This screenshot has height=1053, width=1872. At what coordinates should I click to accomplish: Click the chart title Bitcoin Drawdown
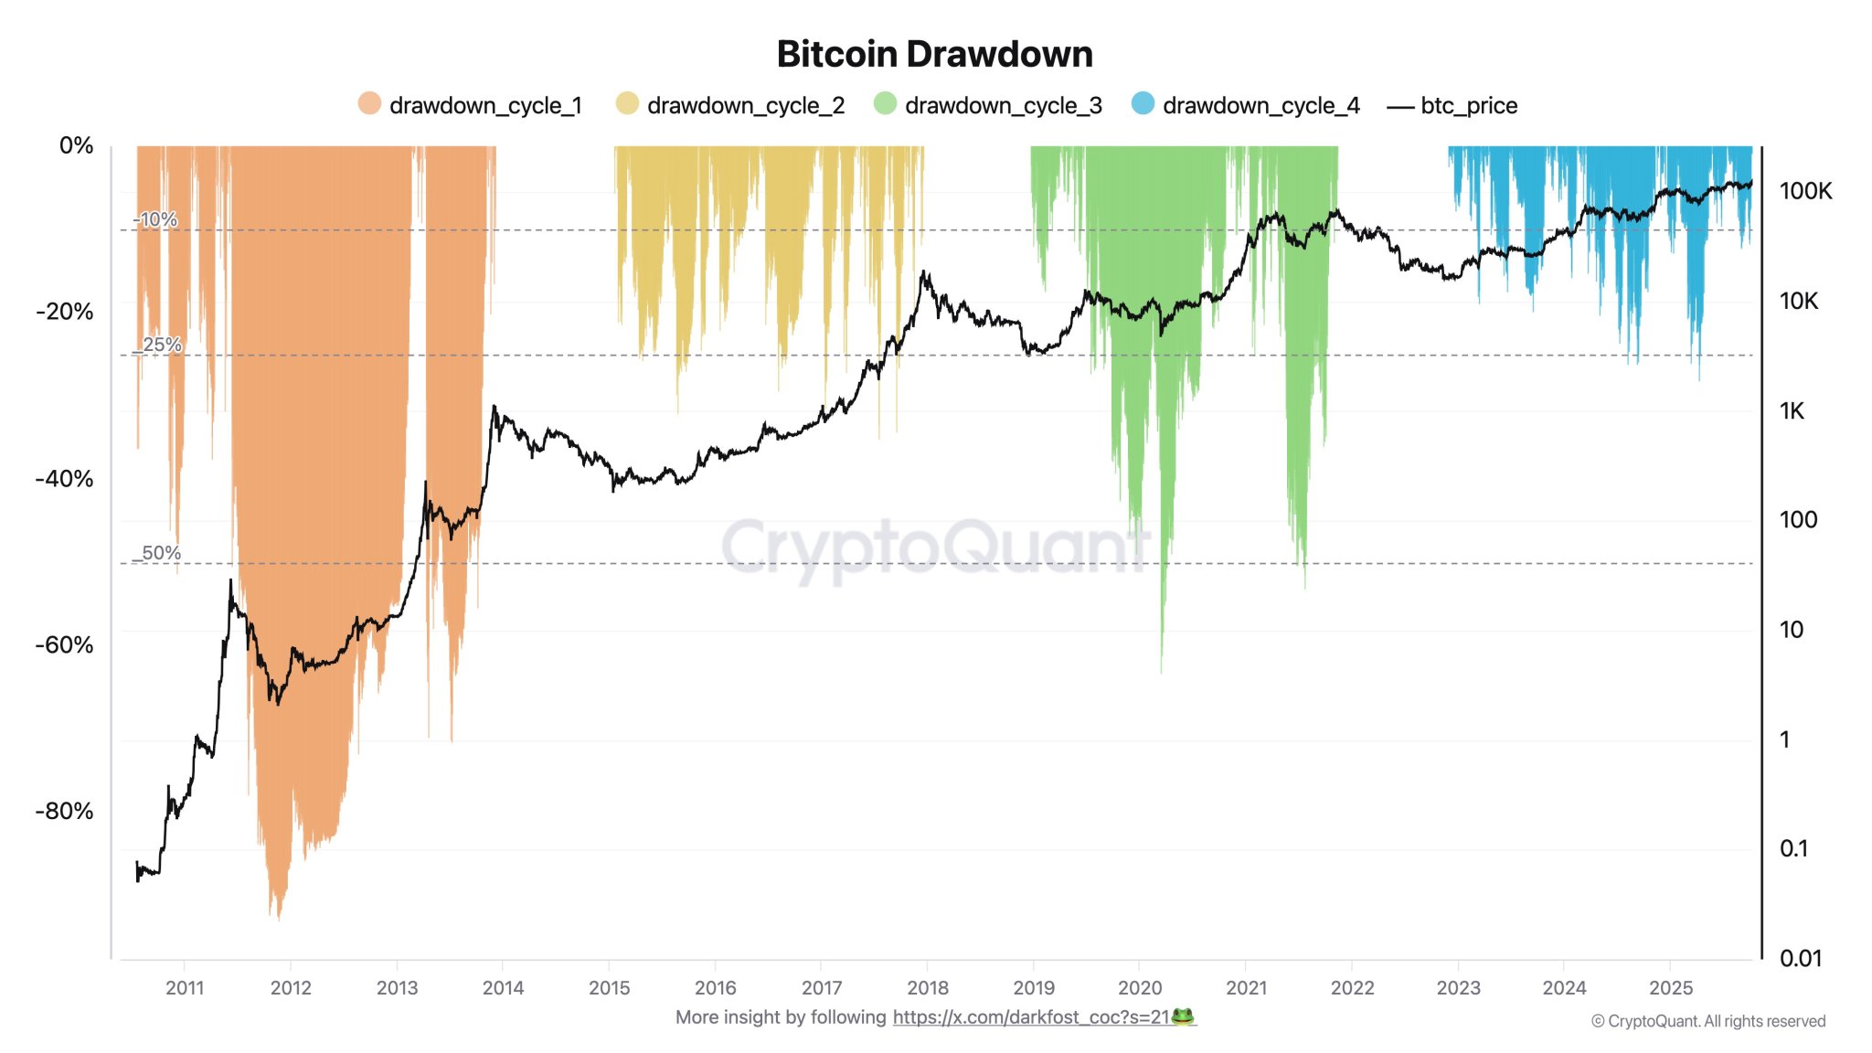click(934, 54)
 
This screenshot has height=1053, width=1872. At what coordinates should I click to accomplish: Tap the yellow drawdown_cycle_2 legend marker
click(627, 103)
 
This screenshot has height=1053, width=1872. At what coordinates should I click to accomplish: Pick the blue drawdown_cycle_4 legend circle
click(1143, 103)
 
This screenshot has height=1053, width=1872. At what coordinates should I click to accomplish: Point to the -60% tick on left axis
click(64, 645)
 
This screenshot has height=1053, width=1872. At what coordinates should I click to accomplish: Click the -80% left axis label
click(64, 812)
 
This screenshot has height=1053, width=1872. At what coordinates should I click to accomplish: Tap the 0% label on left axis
click(76, 145)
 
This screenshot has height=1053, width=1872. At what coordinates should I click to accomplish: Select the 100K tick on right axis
click(1805, 191)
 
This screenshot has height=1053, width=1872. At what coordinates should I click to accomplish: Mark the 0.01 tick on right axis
click(1800, 959)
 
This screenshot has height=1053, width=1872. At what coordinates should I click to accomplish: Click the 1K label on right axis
click(1792, 411)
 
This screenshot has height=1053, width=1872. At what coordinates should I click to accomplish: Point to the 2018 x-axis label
click(927, 988)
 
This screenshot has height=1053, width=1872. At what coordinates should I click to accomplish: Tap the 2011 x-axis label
click(185, 988)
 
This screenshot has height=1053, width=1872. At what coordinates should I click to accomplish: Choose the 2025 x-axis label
click(1670, 988)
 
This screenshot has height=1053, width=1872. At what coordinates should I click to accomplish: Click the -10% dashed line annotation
click(155, 219)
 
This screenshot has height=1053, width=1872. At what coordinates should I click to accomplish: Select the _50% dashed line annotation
click(157, 553)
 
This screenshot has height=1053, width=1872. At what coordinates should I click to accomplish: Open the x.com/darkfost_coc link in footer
click(1030, 1017)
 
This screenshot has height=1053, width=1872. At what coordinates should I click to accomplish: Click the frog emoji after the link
click(1183, 1016)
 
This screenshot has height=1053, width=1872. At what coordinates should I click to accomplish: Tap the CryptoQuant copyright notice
click(1707, 1021)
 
